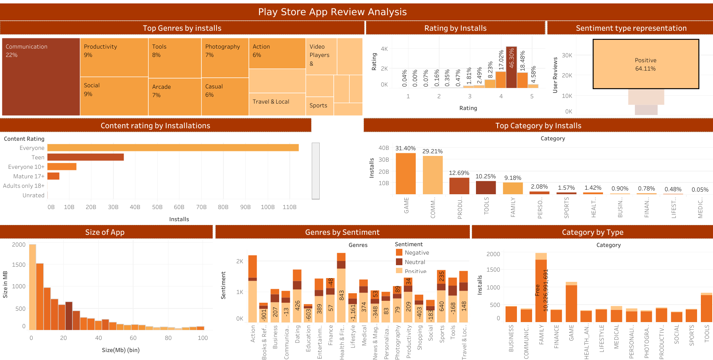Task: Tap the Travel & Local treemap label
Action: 271,102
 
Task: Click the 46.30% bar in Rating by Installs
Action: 511,67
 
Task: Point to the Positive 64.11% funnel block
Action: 645,64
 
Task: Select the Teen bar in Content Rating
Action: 86,157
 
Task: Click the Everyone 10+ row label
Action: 26,167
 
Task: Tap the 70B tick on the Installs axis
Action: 201,207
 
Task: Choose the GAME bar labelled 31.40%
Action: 405,173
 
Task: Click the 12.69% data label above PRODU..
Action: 459,173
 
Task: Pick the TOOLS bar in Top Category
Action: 486,187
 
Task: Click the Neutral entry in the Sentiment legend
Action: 415,262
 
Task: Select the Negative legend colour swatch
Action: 399,252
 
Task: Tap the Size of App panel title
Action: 105,232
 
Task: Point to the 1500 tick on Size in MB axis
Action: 19,265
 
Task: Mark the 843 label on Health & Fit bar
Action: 341,296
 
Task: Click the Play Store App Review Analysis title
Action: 332,12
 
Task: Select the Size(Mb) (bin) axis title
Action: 121,350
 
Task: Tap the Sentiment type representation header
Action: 631,28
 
